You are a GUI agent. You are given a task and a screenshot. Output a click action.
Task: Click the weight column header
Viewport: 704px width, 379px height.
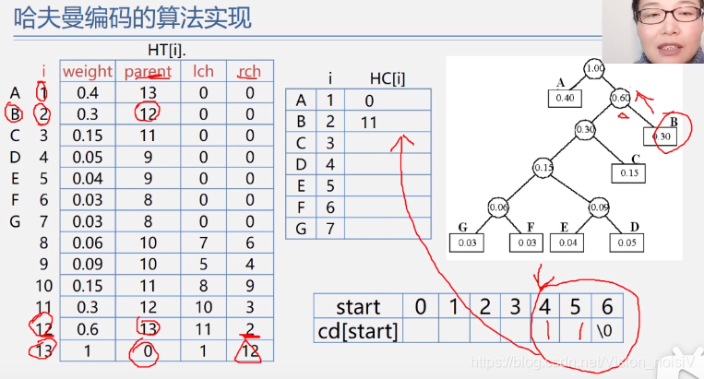[x=88, y=71]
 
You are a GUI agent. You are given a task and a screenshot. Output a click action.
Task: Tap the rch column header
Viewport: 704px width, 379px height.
[x=249, y=71]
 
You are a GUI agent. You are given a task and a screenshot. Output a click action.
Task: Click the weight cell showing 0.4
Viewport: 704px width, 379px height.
[x=88, y=93]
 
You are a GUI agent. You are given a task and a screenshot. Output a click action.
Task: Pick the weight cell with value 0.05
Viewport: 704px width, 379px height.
[x=88, y=157]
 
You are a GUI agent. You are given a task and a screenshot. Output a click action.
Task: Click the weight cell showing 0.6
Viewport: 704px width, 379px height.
[x=88, y=327]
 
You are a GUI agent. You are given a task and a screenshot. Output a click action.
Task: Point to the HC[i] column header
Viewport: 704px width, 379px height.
[x=387, y=78]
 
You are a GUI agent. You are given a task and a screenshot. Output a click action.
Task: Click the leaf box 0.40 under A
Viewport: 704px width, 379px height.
[x=566, y=99]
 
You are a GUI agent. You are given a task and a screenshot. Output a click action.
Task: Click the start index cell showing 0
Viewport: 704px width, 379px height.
[x=421, y=306]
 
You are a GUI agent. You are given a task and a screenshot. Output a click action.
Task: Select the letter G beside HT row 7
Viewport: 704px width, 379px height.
[x=15, y=220]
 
